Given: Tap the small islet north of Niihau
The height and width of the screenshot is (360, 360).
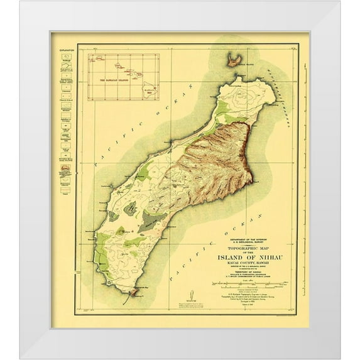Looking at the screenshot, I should click(x=236, y=60).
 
